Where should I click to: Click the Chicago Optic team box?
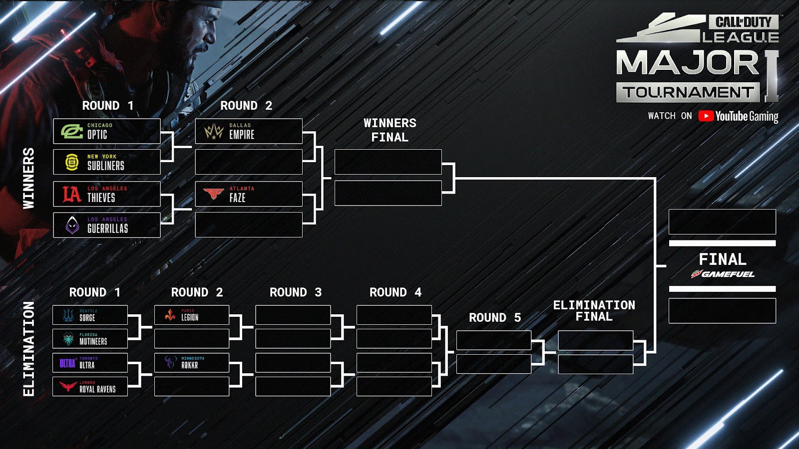pyautogui.click(x=107, y=131)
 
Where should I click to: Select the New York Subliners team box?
pyautogui.click(x=107, y=162)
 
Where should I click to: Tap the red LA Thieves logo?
pyautogui.click(x=71, y=194)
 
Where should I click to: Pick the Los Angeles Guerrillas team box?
pyautogui.click(x=107, y=225)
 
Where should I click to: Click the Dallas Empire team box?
pyautogui.click(x=249, y=131)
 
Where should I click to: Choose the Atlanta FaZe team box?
pyautogui.click(x=249, y=194)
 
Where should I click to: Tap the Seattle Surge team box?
pyautogui.click(x=90, y=315)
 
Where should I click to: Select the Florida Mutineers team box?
pyautogui.click(x=90, y=339)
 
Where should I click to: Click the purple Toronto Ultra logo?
pyautogui.click(x=67, y=363)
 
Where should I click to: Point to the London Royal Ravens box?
pyautogui.click(x=90, y=387)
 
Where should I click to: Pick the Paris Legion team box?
pyautogui.click(x=192, y=315)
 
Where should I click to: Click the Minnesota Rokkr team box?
pyautogui.click(x=192, y=363)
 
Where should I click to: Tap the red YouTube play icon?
pyautogui.click(x=706, y=116)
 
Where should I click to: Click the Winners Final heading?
pyautogui.click(x=390, y=130)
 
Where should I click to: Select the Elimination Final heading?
pyautogui.click(x=594, y=311)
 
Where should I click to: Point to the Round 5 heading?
pyautogui.click(x=494, y=318)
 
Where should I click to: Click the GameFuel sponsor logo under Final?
pyautogui.click(x=723, y=274)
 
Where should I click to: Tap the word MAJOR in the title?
pyautogui.click(x=688, y=64)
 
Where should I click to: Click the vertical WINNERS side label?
pyautogui.click(x=29, y=178)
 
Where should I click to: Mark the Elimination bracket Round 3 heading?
pyautogui.click(x=295, y=292)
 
